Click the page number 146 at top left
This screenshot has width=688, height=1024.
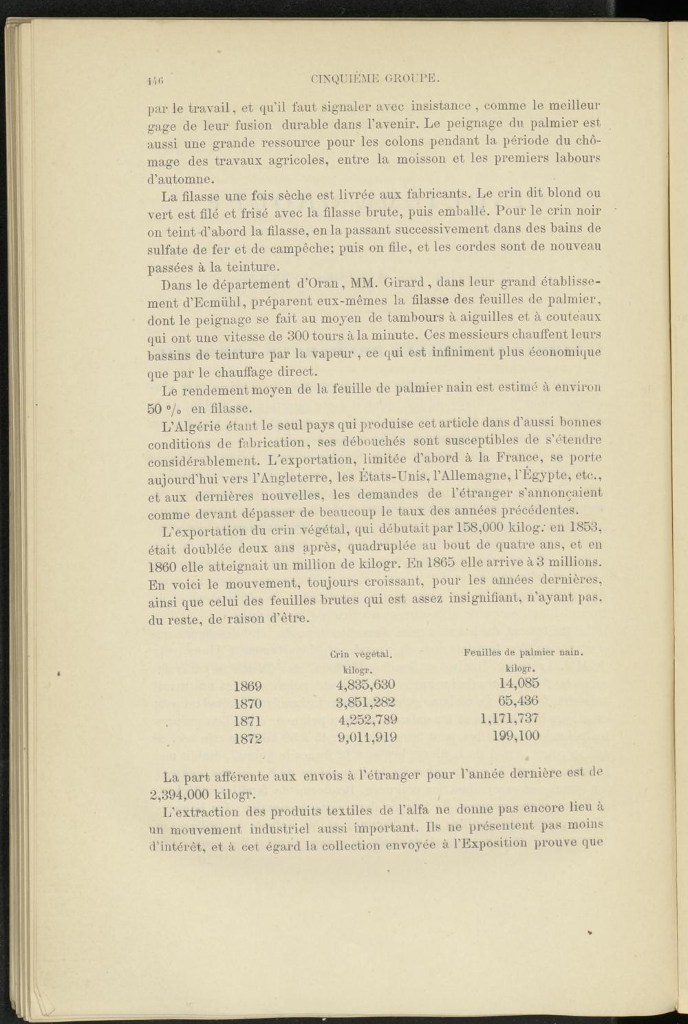(x=153, y=80)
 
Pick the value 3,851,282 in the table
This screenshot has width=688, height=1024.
(x=365, y=703)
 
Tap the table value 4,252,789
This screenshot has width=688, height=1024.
(x=367, y=720)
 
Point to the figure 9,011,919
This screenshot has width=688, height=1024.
(x=367, y=738)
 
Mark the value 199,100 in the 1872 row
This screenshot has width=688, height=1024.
(x=516, y=736)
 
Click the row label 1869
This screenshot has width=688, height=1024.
(x=248, y=686)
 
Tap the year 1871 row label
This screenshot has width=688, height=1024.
(x=248, y=722)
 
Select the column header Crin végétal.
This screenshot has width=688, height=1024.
(x=361, y=653)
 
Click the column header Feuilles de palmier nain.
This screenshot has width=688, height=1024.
(x=524, y=651)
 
